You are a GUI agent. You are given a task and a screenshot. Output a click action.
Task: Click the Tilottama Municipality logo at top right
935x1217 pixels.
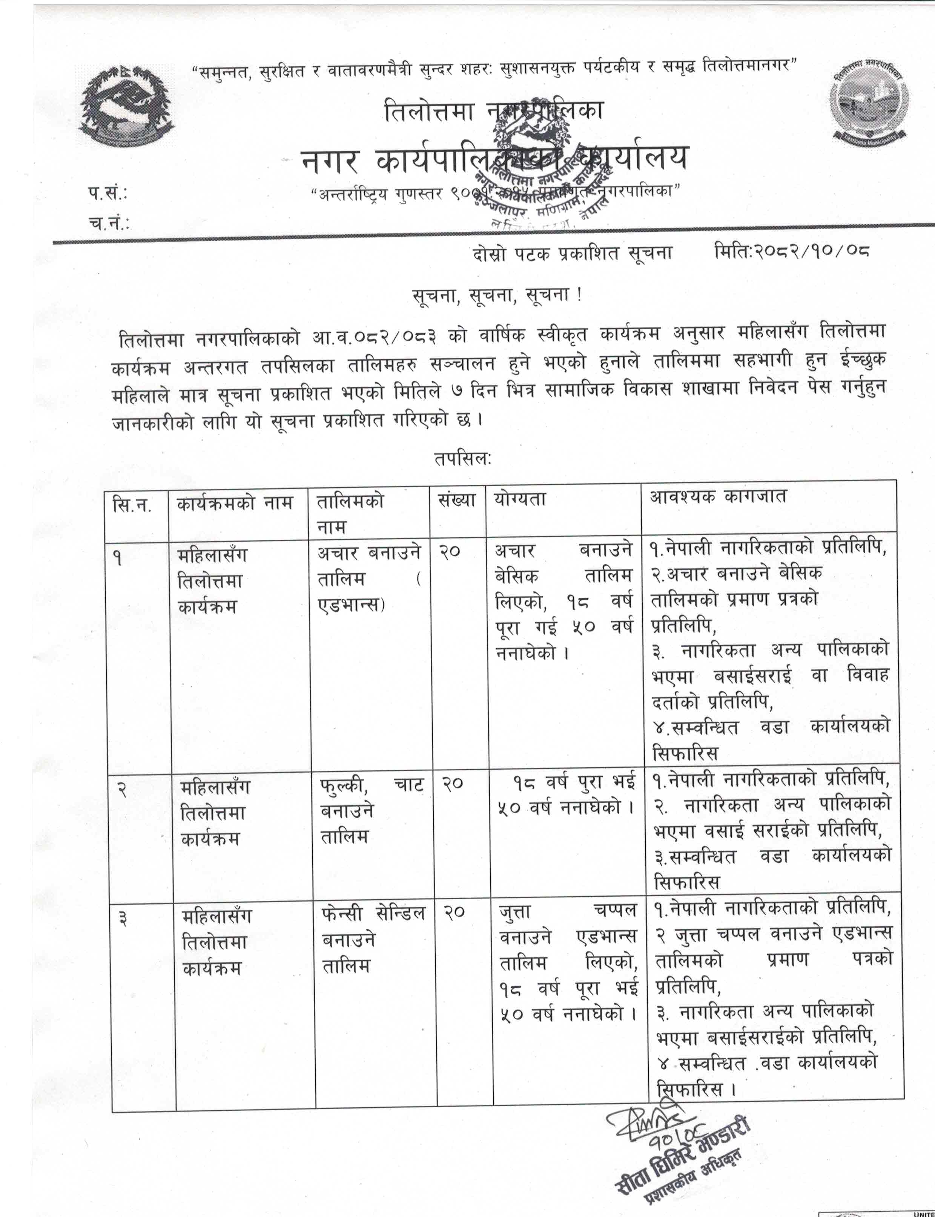pyautogui.click(x=869, y=101)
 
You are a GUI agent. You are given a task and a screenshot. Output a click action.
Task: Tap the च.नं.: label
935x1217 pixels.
pyautogui.click(x=109, y=222)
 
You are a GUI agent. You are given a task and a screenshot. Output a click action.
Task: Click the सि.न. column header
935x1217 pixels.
pyautogui.click(x=132, y=505)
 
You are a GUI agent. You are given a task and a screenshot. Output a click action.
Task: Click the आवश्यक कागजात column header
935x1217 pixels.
pyautogui.click(x=718, y=497)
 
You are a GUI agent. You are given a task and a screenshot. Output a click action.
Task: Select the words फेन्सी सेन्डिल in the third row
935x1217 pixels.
pyautogui.click(x=373, y=913)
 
